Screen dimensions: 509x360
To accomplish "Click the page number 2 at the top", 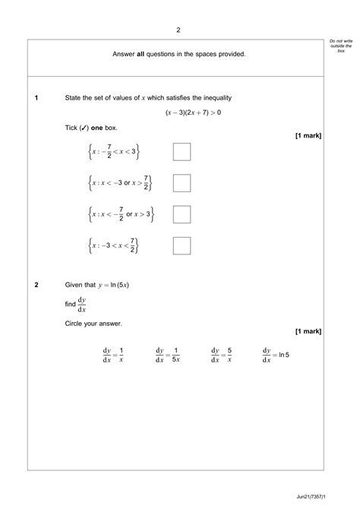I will pos(178,30).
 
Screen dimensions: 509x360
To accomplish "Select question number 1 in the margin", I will pos(36,98).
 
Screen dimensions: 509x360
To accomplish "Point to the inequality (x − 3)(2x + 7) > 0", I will pos(193,112).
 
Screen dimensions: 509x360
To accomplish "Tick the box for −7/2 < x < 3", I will pos(182,152).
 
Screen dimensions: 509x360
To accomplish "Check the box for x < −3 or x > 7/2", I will pos(182,183).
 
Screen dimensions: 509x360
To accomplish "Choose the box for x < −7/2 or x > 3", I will pos(182,214).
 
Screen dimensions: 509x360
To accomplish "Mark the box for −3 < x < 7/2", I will pos(182,245).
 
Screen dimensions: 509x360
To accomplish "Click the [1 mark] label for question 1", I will pos(308,135).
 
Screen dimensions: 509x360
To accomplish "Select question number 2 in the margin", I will pos(36,285).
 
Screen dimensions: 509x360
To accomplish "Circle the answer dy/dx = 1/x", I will pos(112,355).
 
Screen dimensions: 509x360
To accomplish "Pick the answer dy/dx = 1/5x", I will pos(167,355).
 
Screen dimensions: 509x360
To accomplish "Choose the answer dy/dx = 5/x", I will pos(221,355).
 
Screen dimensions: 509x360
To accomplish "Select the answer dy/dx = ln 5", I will pos(276,355).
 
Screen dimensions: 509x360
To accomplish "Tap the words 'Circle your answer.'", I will pos(93,324).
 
